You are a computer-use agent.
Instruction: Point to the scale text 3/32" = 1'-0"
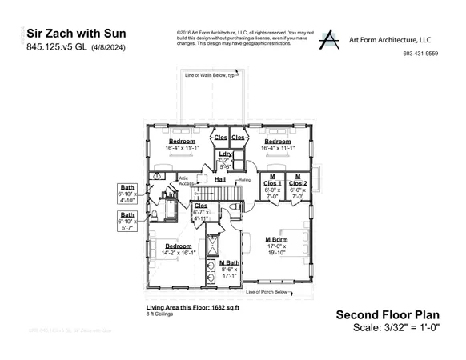click(x=397, y=328)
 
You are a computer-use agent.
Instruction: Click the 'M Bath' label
click(x=230, y=262)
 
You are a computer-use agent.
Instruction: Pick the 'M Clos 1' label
click(x=272, y=180)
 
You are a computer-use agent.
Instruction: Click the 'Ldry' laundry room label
click(x=225, y=154)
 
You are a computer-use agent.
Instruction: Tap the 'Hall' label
click(x=220, y=179)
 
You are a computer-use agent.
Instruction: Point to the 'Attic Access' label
click(x=185, y=181)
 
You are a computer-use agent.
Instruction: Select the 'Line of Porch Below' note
click(x=267, y=293)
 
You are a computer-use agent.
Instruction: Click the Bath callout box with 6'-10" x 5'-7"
click(x=127, y=221)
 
